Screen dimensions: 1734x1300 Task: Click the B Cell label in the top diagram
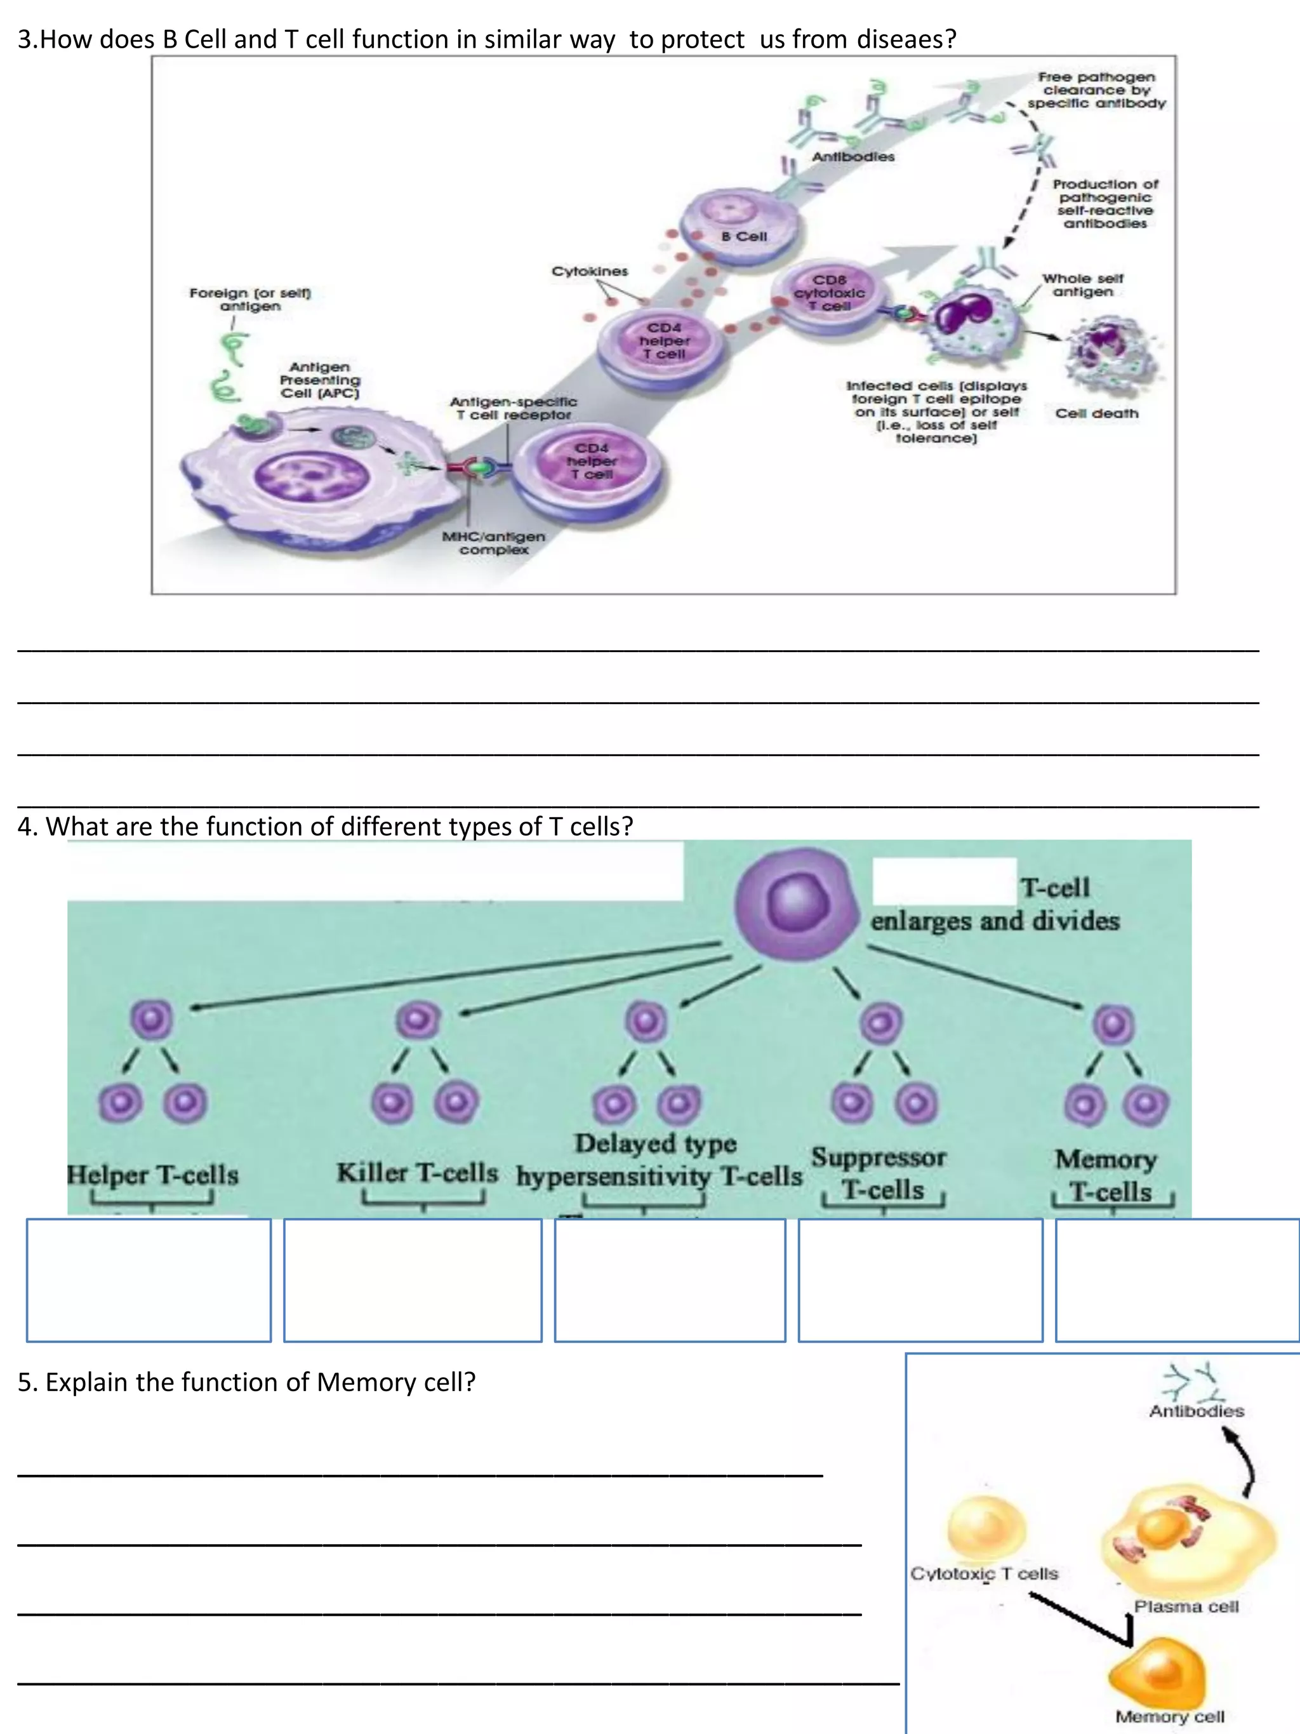click(744, 236)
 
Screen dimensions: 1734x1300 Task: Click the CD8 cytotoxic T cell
click(830, 293)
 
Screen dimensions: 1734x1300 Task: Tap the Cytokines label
click(589, 271)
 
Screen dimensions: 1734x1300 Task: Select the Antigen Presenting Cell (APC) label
click(320, 380)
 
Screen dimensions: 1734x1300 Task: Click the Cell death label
click(1096, 413)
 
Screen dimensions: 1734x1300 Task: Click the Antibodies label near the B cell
click(852, 157)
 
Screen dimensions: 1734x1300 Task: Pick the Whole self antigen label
click(1082, 284)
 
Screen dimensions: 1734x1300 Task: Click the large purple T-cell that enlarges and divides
click(795, 904)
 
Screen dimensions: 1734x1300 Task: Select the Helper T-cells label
click(153, 1174)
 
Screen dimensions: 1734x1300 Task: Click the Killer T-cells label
click(418, 1173)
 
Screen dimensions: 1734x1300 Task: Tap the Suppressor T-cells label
click(879, 1173)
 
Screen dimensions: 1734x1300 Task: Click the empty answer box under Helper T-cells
click(149, 1280)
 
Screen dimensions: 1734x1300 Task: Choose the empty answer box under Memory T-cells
click(1177, 1280)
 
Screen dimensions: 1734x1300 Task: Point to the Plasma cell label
click(1186, 1606)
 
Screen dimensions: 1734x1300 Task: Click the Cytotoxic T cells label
click(985, 1573)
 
